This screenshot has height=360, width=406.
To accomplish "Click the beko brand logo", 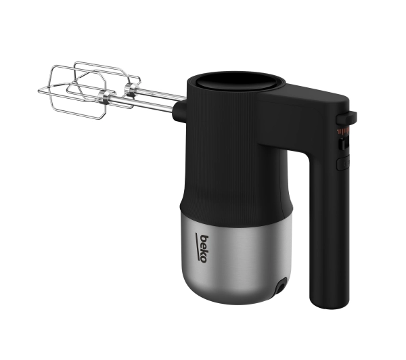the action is [x=201, y=248].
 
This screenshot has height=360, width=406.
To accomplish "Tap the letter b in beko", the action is [x=204, y=239].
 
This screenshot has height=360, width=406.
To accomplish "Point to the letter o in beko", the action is [x=204, y=260].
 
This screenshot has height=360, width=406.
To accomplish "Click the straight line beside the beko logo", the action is [x=198, y=246].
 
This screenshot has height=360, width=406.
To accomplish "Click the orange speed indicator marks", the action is [x=342, y=131].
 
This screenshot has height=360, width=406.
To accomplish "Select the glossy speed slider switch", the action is [x=344, y=144].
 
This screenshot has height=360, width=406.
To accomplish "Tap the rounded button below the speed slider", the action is [x=343, y=164].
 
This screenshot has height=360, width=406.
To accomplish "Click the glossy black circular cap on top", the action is [x=236, y=81].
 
